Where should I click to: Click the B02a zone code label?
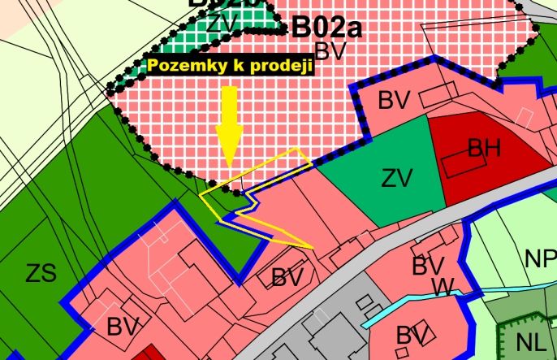point(326,28)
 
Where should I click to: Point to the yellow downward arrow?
point(229,126)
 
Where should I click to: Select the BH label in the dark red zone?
point(484,148)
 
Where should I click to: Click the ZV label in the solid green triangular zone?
point(397,177)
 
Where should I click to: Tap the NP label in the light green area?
point(540,259)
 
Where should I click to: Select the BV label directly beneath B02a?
point(330,51)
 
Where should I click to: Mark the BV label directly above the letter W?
point(428,266)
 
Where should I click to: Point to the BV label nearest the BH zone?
point(394,101)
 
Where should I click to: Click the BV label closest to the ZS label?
point(123,327)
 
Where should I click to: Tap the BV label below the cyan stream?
point(413,335)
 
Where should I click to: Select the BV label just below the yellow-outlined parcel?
point(287,277)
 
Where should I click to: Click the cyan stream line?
point(406,310)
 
